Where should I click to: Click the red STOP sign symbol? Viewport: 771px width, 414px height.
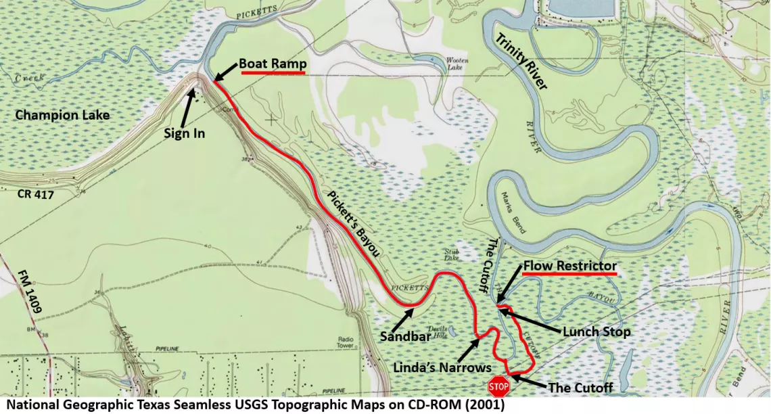(498, 387)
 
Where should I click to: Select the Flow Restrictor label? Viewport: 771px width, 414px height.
(569, 266)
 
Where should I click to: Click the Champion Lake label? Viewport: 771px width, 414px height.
(62, 115)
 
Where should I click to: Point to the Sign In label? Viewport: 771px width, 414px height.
(184, 133)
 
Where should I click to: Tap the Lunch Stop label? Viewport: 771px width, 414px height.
(597, 331)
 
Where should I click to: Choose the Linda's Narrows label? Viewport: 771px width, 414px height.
(443, 367)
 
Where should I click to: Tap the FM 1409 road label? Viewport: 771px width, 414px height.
(29, 290)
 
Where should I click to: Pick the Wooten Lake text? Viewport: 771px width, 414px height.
(457, 64)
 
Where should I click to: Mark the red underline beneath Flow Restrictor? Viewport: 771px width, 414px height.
(569, 275)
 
